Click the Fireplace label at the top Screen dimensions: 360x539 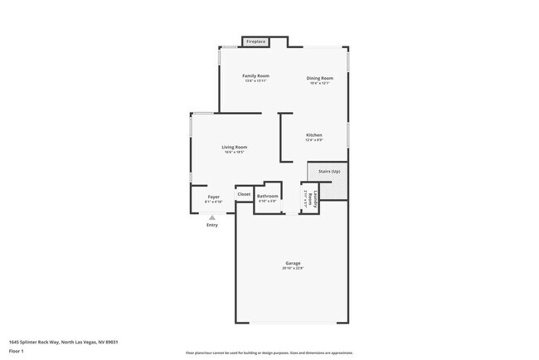click(255, 41)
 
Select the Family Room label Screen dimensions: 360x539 click(255, 75)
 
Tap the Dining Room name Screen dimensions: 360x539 click(319, 78)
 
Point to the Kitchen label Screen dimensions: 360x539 click(313, 134)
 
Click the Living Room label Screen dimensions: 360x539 click(234, 147)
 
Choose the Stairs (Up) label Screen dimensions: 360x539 click(329, 171)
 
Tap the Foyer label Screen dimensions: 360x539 click(213, 197)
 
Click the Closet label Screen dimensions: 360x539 click(244, 194)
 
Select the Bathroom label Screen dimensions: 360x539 click(267, 196)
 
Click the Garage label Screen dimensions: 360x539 click(294, 263)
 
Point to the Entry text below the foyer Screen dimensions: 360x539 click(212, 225)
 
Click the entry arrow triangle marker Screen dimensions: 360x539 click(212, 217)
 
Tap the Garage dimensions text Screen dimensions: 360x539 click(294, 268)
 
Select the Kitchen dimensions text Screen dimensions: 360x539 click(313, 139)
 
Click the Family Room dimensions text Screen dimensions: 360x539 click(255, 80)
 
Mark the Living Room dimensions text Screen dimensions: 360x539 click(234, 152)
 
